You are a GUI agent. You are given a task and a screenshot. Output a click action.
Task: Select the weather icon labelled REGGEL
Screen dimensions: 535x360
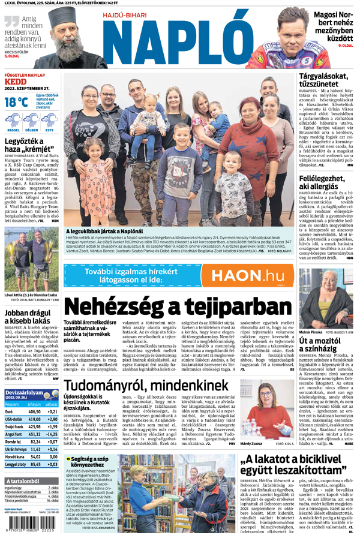click(x=13, y=122)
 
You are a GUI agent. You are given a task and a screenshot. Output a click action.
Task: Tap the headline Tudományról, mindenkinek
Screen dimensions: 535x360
click(x=146, y=387)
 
